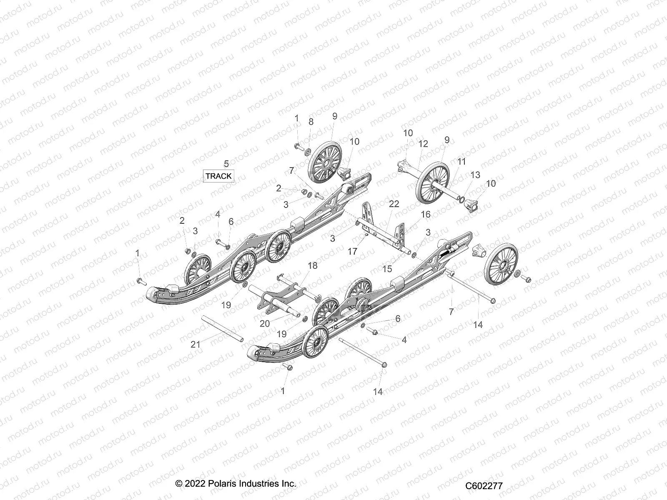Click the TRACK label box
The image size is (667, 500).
[218, 176]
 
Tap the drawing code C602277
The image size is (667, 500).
[484, 486]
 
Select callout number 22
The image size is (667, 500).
[394, 204]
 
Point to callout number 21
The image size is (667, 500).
[196, 344]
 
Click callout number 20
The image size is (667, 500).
[265, 323]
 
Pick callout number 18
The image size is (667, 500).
[312, 265]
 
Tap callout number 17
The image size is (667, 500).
[353, 252]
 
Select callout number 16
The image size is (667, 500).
[426, 214]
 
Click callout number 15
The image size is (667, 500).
[387, 269]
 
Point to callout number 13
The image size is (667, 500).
[476, 175]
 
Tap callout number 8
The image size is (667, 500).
[311, 122]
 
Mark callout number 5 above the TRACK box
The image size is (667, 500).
[226, 163]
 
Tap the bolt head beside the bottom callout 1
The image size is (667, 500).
[287, 367]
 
